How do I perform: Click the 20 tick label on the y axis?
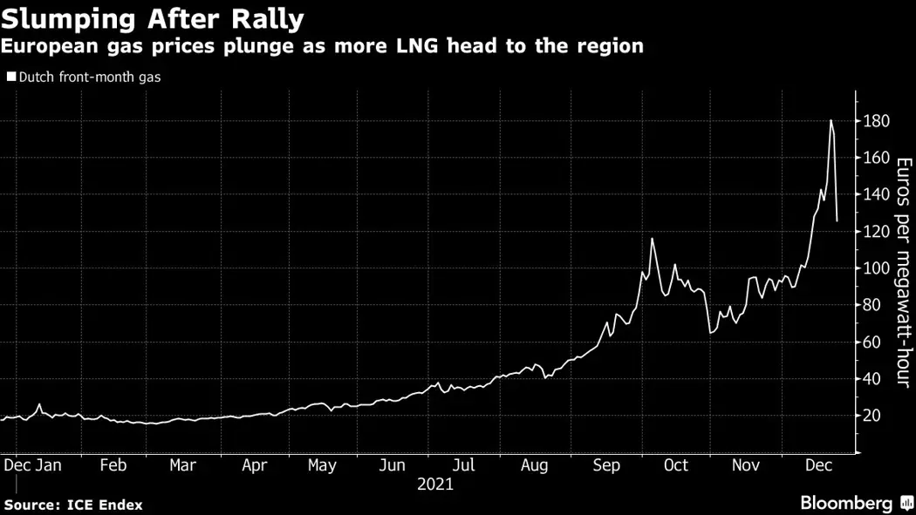click(x=873, y=416)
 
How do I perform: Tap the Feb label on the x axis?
click(x=113, y=465)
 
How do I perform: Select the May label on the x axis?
click(x=322, y=465)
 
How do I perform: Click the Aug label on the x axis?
click(x=534, y=465)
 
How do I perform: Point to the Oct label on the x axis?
click(x=676, y=465)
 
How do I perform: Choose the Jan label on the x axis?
click(x=48, y=465)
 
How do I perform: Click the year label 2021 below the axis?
click(x=435, y=484)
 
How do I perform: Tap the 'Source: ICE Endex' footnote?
click(x=73, y=505)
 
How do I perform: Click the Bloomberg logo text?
click(x=846, y=504)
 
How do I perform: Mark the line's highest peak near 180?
click(x=831, y=120)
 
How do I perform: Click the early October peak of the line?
click(x=652, y=239)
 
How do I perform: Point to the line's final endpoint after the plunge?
click(x=837, y=221)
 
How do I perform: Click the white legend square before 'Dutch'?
click(x=10, y=77)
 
